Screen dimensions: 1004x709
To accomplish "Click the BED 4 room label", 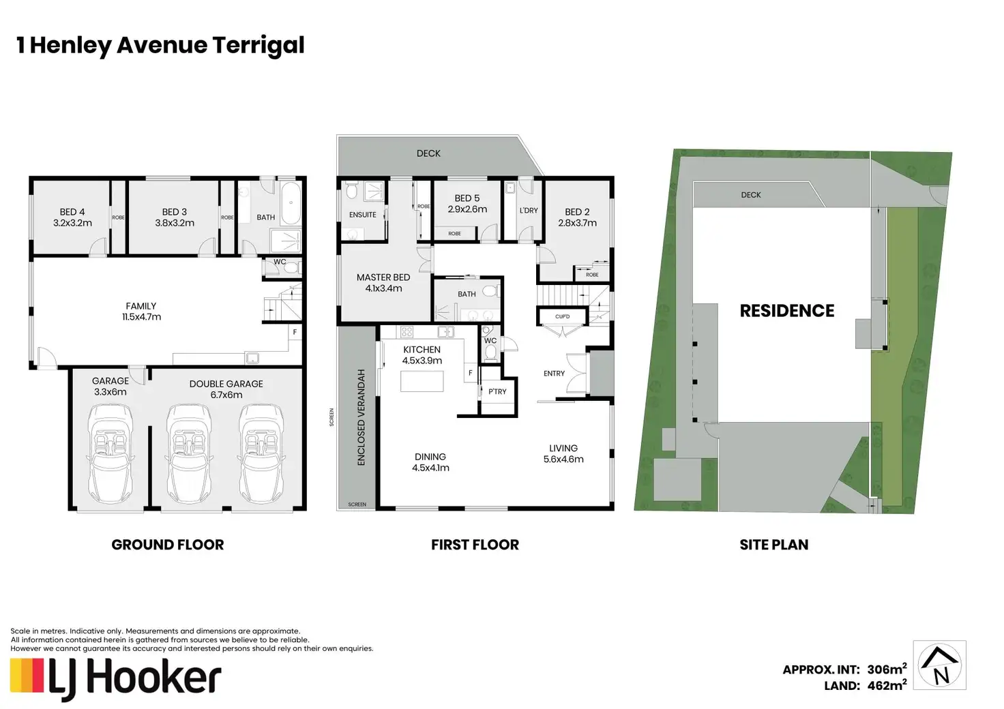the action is coord(72,217).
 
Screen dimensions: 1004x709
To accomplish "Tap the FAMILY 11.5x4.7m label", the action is coord(141,312).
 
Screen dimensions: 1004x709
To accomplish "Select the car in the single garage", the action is coord(110,454).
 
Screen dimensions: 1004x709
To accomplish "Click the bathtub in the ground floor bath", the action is coord(291,203).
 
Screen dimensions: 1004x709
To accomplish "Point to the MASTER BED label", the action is coord(383,277).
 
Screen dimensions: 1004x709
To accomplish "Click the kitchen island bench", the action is coord(422,381).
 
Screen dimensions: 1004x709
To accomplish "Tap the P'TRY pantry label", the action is coord(497,391).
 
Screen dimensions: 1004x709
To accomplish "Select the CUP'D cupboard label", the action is coord(562,316).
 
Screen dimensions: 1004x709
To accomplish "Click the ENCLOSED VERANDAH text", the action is coord(361,417).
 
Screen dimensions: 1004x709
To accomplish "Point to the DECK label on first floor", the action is coord(428,153).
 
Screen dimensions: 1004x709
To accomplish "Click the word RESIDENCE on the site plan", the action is coord(787,311).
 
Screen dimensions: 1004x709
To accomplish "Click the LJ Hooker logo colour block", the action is coord(27,676).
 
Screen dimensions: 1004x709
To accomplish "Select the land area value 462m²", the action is coord(887,686).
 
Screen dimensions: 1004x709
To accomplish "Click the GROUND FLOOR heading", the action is coord(168,545).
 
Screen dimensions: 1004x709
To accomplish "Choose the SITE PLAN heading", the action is coord(774,545).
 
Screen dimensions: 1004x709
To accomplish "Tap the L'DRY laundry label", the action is coord(529,211).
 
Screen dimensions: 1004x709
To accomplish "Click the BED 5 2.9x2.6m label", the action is coord(467,203).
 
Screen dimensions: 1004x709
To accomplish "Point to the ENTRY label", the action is coord(554,374).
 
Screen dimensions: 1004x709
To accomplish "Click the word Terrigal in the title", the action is coord(259,46).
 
